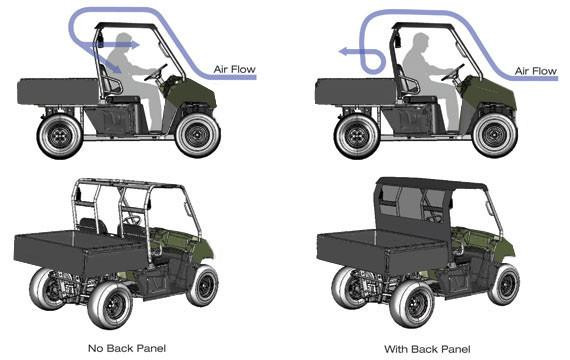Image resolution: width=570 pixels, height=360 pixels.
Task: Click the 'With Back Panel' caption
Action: pyautogui.click(x=427, y=348)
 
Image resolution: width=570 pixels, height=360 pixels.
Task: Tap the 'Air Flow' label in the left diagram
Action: pyautogui.click(x=234, y=69)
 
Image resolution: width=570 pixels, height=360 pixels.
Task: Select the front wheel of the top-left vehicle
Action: pyautogui.click(x=198, y=134)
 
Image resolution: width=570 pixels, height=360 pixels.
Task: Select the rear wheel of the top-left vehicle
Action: pyautogui.click(x=58, y=135)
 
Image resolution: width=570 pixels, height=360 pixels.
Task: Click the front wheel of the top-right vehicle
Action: pyautogui.click(x=497, y=134)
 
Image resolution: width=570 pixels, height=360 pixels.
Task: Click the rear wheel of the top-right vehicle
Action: pyautogui.click(x=357, y=135)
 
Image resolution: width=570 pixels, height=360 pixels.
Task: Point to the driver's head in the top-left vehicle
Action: pyautogui.click(x=124, y=43)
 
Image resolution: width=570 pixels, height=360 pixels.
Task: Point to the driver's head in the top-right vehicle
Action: pyautogui.click(x=422, y=43)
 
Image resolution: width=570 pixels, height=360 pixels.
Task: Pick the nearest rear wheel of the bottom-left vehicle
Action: pyautogui.click(x=109, y=304)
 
